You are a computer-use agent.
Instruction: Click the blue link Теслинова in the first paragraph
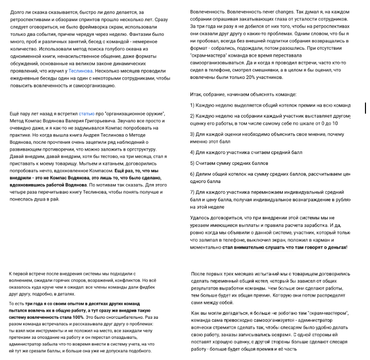[80, 71]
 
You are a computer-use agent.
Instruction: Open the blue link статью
[86, 115]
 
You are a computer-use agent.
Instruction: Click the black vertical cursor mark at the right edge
[365, 107]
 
